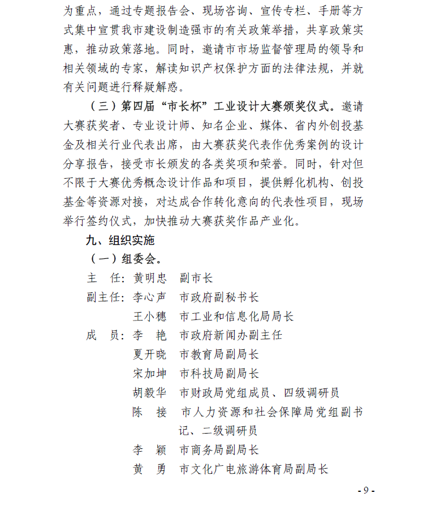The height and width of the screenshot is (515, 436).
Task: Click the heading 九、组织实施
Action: click(120, 240)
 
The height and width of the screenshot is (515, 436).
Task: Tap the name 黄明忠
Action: click(150, 278)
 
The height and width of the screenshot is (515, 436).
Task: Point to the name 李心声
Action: click(150, 297)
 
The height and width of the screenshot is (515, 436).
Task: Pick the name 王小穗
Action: click(150, 317)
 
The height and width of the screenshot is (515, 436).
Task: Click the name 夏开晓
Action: click(150, 354)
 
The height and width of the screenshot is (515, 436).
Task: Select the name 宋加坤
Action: click(150, 374)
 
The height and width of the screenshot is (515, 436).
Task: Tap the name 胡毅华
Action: click(150, 393)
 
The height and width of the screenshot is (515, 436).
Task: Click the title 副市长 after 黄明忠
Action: click(196, 278)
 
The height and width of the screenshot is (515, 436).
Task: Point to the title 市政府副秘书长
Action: click(219, 297)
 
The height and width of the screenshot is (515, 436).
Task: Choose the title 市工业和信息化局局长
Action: click(236, 317)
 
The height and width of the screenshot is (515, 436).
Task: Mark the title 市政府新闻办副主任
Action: click(231, 335)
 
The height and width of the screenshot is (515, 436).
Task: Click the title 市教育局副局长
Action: click(219, 354)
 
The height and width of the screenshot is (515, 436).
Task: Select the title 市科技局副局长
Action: click(219, 374)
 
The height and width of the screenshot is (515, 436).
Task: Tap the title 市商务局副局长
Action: click(219, 450)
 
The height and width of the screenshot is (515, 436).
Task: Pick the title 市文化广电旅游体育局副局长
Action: click(254, 469)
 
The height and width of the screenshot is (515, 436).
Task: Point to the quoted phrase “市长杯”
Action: click(180, 106)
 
